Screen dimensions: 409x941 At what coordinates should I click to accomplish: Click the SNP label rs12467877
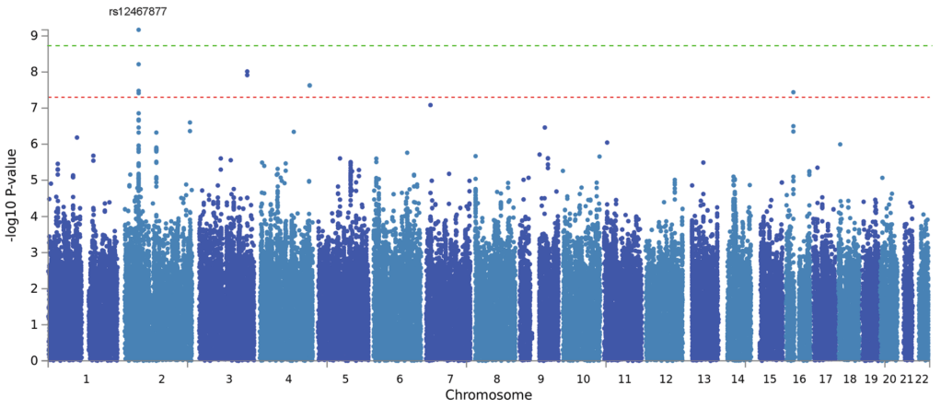[x=138, y=12]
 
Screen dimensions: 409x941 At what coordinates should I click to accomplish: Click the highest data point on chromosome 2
[x=138, y=29]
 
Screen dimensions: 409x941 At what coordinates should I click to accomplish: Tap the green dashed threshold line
[x=552, y=45]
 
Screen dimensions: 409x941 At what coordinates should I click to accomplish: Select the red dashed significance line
[x=552, y=97]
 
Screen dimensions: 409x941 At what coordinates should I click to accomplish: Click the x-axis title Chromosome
[x=488, y=395]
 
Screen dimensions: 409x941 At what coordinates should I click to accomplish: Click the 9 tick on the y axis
[x=33, y=35]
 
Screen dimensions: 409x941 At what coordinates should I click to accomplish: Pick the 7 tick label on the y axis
[x=33, y=108]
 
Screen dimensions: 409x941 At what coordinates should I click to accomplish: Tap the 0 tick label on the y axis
[x=33, y=361]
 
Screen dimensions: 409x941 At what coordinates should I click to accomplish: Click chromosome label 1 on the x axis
[x=86, y=379]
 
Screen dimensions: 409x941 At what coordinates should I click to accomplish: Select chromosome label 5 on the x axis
[x=344, y=379]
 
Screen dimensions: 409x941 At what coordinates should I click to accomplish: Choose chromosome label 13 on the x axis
[x=704, y=379]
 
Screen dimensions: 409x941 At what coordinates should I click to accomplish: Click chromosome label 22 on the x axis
[x=924, y=379]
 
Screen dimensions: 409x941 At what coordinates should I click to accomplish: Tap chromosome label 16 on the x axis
[x=798, y=379]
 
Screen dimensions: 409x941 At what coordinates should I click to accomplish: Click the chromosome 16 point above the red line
[x=793, y=92]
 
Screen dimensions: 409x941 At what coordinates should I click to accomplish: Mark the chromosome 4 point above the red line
[x=309, y=86]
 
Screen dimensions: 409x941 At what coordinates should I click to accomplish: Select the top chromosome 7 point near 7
[x=430, y=105]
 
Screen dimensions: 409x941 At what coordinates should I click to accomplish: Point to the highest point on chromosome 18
[x=840, y=145]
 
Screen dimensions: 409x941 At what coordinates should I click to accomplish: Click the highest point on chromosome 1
[x=76, y=137]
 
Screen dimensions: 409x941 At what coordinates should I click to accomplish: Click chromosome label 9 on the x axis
[x=541, y=379]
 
